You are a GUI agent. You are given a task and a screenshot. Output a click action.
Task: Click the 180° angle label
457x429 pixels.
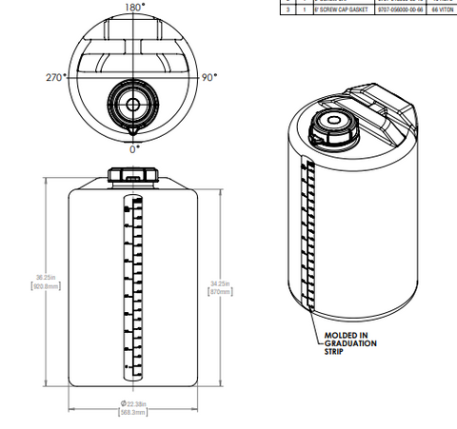[x=135, y=7]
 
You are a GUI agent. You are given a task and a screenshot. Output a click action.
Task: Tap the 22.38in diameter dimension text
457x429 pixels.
[x=134, y=403]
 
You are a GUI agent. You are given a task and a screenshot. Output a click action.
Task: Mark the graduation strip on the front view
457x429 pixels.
[x=127, y=285]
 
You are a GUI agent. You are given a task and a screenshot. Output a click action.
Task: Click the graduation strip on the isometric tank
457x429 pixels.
[x=307, y=233]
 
